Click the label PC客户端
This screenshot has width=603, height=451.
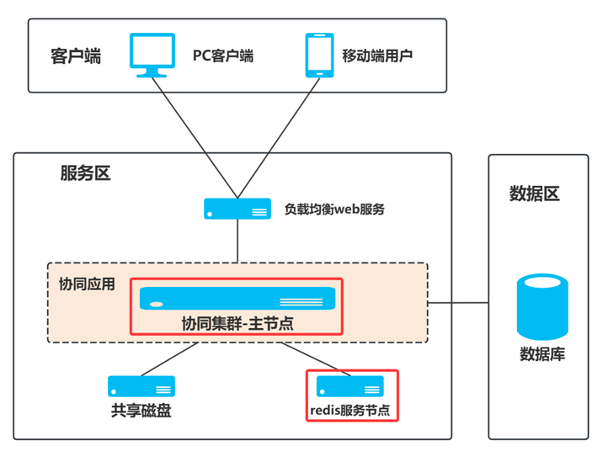pos(223,56)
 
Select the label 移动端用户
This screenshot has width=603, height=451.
pos(376,56)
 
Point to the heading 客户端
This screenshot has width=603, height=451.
pos(75,56)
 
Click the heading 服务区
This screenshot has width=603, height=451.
pos(85,173)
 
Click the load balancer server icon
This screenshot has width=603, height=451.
pos(237,209)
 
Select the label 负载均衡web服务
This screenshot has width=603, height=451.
pos(334,210)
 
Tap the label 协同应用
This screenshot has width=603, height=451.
pos(87,284)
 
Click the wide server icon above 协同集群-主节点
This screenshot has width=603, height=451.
pos(237,297)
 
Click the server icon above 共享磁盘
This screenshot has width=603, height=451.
pos(141,386)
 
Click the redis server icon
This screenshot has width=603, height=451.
pos(350,386)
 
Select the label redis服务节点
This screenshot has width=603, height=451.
pos(350,411)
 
